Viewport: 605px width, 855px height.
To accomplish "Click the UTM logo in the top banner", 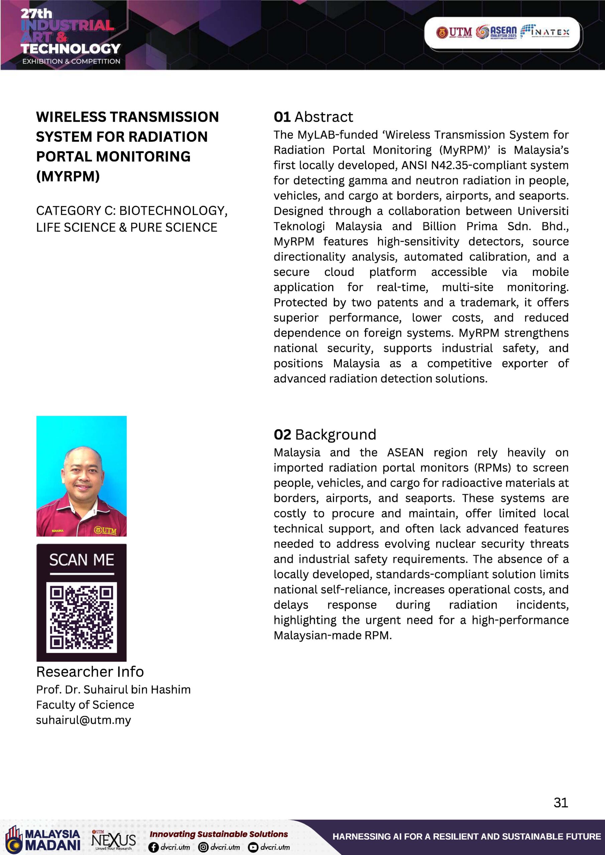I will coord(454,32).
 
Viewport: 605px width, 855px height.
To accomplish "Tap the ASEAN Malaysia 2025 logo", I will coord(496,32).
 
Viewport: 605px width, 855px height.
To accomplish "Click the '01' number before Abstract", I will coord(282,117).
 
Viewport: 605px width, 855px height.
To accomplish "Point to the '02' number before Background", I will coord(282,435).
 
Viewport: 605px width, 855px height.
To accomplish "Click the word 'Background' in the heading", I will coord(336,435).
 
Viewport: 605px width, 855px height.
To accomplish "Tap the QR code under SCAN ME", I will coord(81,617).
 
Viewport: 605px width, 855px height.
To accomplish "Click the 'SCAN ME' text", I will coord(81,560).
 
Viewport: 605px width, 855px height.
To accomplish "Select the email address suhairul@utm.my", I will coord(84,720).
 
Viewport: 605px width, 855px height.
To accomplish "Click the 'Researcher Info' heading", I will coord(90,671).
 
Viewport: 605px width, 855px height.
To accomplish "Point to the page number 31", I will coord(561,802).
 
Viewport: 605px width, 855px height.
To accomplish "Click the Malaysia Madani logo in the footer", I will coord(43,840).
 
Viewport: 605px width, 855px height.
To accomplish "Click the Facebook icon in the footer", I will coord(153,847).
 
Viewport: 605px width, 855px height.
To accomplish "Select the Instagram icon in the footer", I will coord(203,847).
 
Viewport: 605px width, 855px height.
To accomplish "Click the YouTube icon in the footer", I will coord(253,847).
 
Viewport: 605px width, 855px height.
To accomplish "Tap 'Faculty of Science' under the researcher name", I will coord(85,705).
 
